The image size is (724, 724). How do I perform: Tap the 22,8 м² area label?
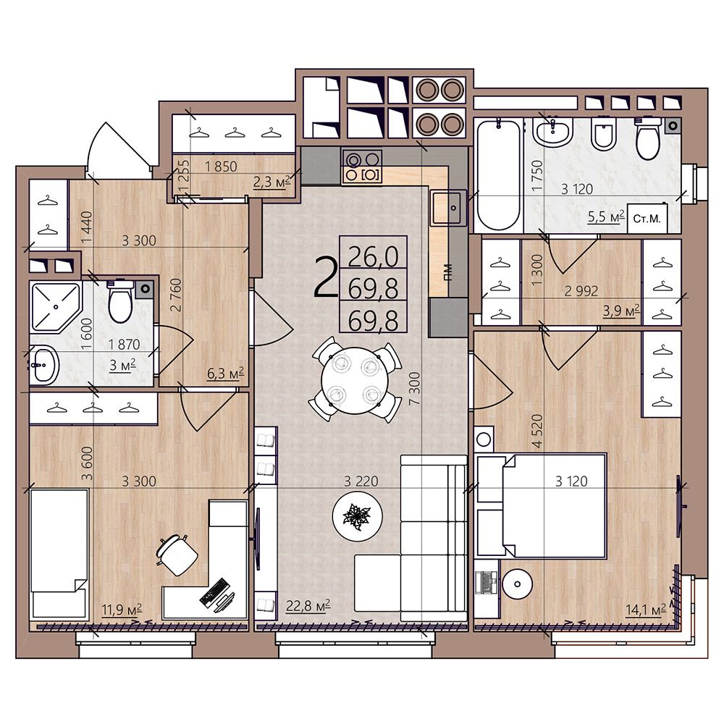click(308, 605)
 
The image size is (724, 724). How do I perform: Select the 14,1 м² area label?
click(646, 610)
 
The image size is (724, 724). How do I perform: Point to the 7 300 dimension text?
click(415, 389)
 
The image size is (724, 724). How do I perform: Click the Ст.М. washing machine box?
click(647, 219)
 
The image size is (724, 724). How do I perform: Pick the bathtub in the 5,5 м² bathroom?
click(498, 174)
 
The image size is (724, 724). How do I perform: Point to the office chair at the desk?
click(177, 555)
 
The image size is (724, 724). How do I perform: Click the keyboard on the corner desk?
click(214, 592)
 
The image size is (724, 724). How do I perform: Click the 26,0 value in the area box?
click(373, 257)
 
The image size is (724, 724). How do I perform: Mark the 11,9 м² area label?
click(122, 610)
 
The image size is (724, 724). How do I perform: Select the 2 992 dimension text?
click(581, 291)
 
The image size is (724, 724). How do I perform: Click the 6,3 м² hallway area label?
click(225, 373)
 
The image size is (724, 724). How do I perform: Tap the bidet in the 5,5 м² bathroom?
click(604, 135)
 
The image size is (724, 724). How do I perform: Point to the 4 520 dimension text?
click(537, 431)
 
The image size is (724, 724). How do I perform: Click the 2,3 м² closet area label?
click(271, 182)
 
